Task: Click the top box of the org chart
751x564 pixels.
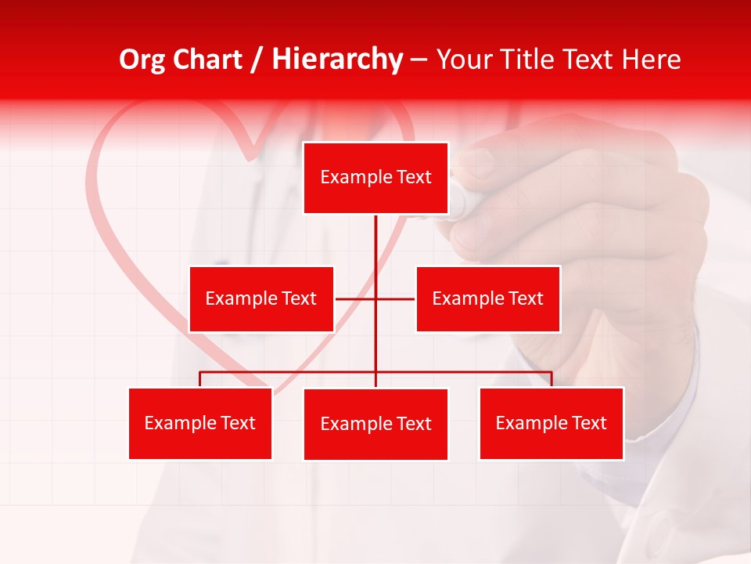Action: tap(375, 178)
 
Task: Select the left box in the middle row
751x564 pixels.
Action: tap(261, 298)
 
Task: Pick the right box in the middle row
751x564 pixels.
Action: tap(487, 298)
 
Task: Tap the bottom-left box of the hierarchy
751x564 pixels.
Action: tap(200, 423)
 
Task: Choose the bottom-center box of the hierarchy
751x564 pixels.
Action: tap(375, 424)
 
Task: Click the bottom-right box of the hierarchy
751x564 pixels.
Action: tap(552, 423)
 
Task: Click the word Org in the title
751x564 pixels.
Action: tap(142, 60)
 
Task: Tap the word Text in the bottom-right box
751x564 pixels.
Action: tap(589, 423)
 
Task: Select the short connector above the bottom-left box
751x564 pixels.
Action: tap(200, 379)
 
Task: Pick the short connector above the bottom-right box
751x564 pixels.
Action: tap(552, 379)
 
